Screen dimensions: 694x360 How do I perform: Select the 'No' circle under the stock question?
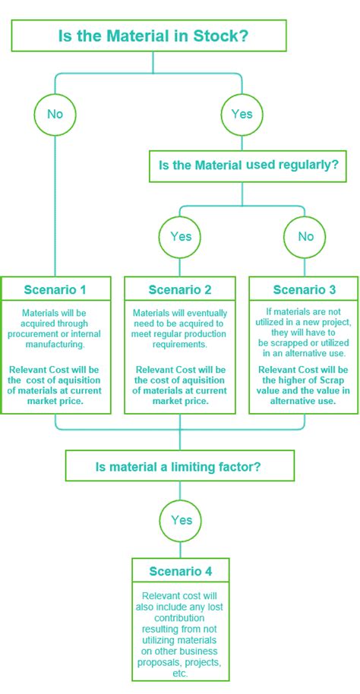[x=55, y=114]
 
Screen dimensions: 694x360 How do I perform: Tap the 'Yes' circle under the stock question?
[x=242, y=114]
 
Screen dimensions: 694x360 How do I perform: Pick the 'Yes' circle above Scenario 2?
[x=180, y=236]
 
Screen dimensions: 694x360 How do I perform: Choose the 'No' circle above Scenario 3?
[x=305, y=236]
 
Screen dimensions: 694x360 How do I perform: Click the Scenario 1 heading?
[x=55, y=289]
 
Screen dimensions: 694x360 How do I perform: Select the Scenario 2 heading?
[x=180, y=289]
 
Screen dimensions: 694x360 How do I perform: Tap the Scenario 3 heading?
[x=304, y=289]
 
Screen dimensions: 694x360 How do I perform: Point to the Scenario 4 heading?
[x=180, y=570]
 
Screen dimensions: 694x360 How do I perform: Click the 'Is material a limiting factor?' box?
[x=180, y=466]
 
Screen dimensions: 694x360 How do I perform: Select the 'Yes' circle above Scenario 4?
[x=180, y=520]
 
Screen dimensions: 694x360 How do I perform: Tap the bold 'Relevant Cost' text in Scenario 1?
[x=42, y=369]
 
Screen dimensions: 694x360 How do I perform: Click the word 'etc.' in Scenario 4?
[x=180, y=673]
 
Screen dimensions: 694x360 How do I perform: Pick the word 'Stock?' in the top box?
[x=223, y=36]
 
